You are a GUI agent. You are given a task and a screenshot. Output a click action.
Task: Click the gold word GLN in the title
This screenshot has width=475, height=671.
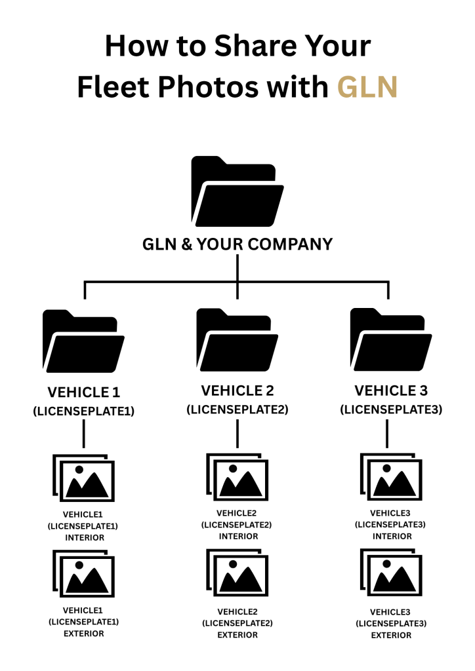pyautogui.click(x=367, y=87)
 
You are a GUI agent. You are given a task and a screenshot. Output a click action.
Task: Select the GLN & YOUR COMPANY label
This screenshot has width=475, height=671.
pyautogui.click(x=237, y=244)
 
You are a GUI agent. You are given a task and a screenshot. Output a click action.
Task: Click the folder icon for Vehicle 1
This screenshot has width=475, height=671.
pyautogui.click(x=83, y=341)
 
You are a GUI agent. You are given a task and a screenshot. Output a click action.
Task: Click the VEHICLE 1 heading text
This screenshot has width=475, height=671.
pyautogui.click(x=83, y=393)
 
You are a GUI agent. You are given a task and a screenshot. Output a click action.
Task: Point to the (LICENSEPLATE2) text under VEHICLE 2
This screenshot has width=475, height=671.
pyautogui.click(x=237, y=410)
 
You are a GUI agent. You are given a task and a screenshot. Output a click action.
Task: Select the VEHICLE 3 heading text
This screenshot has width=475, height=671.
pyautogui.click(x=391, y=391)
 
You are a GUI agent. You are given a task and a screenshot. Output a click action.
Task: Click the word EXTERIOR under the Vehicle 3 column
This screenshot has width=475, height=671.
pyautogui.click(x=391, y=635)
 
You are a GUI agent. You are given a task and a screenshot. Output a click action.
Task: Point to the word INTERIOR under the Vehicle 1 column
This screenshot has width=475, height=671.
pyautogui.click(x=84, y=537)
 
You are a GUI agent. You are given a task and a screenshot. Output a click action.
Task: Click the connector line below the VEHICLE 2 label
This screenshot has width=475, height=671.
pyautogui.click(x=237, y=434)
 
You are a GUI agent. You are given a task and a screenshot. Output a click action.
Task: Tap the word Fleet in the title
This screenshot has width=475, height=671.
pyautogui.click(x=117, y=87)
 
